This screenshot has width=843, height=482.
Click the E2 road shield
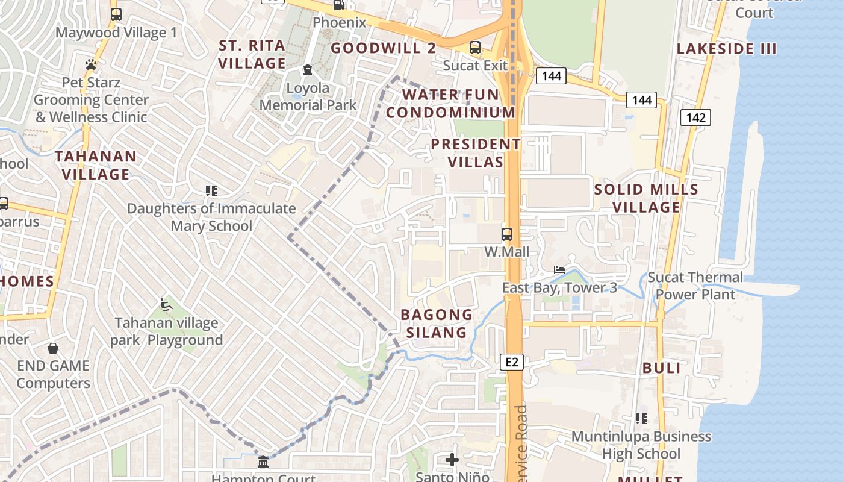click(512, 362)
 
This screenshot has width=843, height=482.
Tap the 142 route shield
click(695, 117)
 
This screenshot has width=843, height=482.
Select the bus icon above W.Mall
click(507, 234)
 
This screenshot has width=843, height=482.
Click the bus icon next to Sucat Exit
click(475, 47)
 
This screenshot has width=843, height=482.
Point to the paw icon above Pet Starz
click(91, 64)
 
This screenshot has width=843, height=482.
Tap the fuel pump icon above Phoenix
click(340, 5)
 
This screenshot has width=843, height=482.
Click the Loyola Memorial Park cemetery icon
click(308, 70)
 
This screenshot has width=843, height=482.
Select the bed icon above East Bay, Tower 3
click(559, 270)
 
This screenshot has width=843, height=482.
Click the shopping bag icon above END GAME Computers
click(53, 348)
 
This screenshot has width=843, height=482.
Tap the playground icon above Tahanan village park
click(166, 305)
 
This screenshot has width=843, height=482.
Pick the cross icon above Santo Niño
click(452, 460)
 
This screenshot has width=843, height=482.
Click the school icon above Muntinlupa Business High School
click(641, 418)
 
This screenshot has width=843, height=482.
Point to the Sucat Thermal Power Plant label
click(695, 286)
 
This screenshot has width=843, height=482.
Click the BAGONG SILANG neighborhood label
click(437, 324)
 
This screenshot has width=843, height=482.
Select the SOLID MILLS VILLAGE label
click(646, 198)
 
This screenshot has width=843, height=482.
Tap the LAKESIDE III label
click(727, 49)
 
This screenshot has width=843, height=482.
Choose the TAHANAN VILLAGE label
click(96, 165)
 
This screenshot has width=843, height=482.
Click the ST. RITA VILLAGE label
click(252, 54)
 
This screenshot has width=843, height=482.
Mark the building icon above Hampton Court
click(263, 462)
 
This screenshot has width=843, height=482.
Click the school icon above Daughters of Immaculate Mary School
click(211, 191)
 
